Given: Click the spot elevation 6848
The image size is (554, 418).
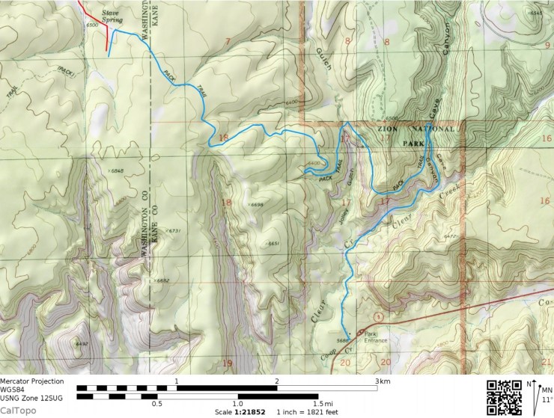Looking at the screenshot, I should (x=116, y=171).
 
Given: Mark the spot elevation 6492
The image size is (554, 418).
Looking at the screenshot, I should (x=82, y=343).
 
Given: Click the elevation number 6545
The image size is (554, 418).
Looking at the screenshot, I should (x=536, y=13).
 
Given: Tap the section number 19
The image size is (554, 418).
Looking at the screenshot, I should (x=228, y=363).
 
